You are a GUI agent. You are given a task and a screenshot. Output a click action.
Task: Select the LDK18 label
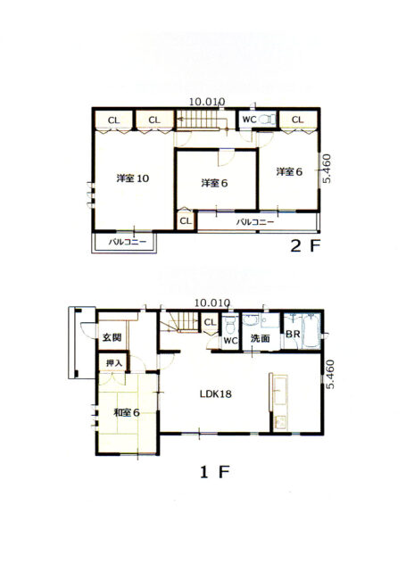tap(214, 394)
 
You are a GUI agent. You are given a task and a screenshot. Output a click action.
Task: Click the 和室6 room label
tap(126, 412)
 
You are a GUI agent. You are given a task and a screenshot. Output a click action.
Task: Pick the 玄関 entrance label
tap(111, 337)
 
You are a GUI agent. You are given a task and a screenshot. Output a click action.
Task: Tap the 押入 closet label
tap(114, 363)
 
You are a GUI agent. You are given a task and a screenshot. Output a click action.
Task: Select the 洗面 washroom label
tap(261, 339)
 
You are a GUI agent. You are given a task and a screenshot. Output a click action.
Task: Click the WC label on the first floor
tap(228, 340)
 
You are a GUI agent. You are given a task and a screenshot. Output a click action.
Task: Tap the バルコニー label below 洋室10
tap(127, 242)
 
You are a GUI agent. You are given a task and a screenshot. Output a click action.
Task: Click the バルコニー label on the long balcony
tap(255, 220)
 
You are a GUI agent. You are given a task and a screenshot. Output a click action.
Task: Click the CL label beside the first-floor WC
tap(209, 322)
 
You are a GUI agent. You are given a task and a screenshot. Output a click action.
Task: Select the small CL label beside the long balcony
tap(185, 220)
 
